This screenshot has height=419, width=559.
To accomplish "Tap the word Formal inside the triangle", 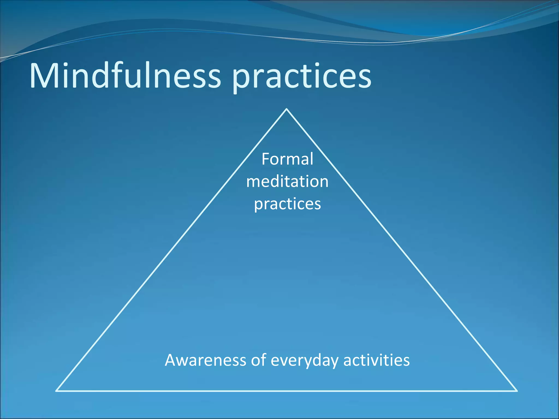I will tap(287, 159).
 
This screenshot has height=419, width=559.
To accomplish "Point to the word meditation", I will tap(287, 181).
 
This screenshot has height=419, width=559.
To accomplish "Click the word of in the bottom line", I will tap(258, 360).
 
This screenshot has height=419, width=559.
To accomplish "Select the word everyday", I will tap(304, 361).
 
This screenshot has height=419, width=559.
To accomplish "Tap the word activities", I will tap(376, 360).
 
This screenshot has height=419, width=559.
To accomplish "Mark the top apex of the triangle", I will tap(287, 109).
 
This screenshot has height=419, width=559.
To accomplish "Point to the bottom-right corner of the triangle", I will tap(517, 391).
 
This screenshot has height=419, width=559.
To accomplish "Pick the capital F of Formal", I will tap(266, 159).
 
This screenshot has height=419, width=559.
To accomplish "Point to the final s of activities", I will tap(406, 361).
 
